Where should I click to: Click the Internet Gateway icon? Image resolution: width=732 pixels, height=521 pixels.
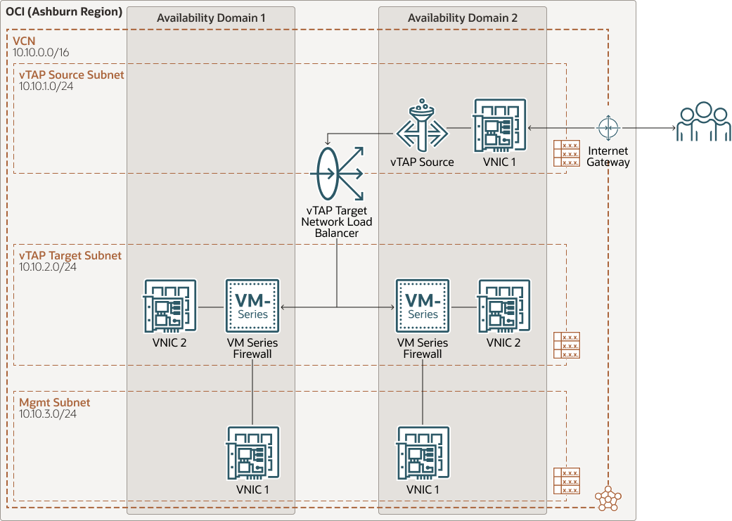pos(608,128)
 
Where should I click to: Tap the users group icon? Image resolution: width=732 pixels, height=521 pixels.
pos(703,122)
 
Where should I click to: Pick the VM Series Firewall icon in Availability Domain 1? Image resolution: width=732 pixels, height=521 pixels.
pos(252,306)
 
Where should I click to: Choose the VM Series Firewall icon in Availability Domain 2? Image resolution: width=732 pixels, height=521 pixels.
pos(423,306)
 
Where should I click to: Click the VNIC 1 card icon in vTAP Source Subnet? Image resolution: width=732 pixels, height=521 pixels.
pos(500,125)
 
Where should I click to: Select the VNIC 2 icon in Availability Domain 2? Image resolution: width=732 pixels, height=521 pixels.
pos(504,306)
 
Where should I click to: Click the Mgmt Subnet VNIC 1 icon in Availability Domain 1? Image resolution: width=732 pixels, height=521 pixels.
pos(252,453)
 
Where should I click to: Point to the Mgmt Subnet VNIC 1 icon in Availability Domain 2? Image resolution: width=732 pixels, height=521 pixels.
pos(423,453)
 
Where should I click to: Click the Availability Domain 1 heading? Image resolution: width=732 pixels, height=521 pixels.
pos(211,18)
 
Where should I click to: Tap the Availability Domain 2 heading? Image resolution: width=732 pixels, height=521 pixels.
pos(463,18)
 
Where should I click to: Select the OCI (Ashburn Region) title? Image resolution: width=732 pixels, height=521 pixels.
pos(64,13)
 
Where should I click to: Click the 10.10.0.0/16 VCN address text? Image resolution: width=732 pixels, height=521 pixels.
pos(41,53)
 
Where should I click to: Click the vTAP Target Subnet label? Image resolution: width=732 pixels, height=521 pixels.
pos(70,256)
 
